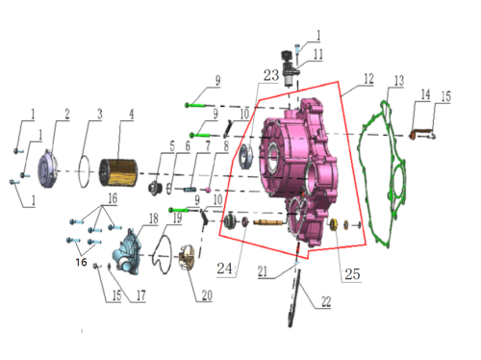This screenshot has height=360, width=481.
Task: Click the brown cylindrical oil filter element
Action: click(118, 172)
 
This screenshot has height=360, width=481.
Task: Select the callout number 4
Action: click(131, 115)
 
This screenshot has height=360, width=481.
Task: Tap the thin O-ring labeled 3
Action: click(85, 171)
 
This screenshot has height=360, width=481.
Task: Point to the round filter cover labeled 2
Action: click(47, 168)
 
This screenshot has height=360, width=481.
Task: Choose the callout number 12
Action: click(368, 79)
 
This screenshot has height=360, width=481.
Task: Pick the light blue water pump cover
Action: click(127, 252)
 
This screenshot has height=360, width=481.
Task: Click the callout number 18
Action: click(154, 219)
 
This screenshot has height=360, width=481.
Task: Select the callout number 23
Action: click(271, 75)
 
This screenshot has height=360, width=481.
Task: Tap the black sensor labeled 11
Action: click(289, 68)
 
